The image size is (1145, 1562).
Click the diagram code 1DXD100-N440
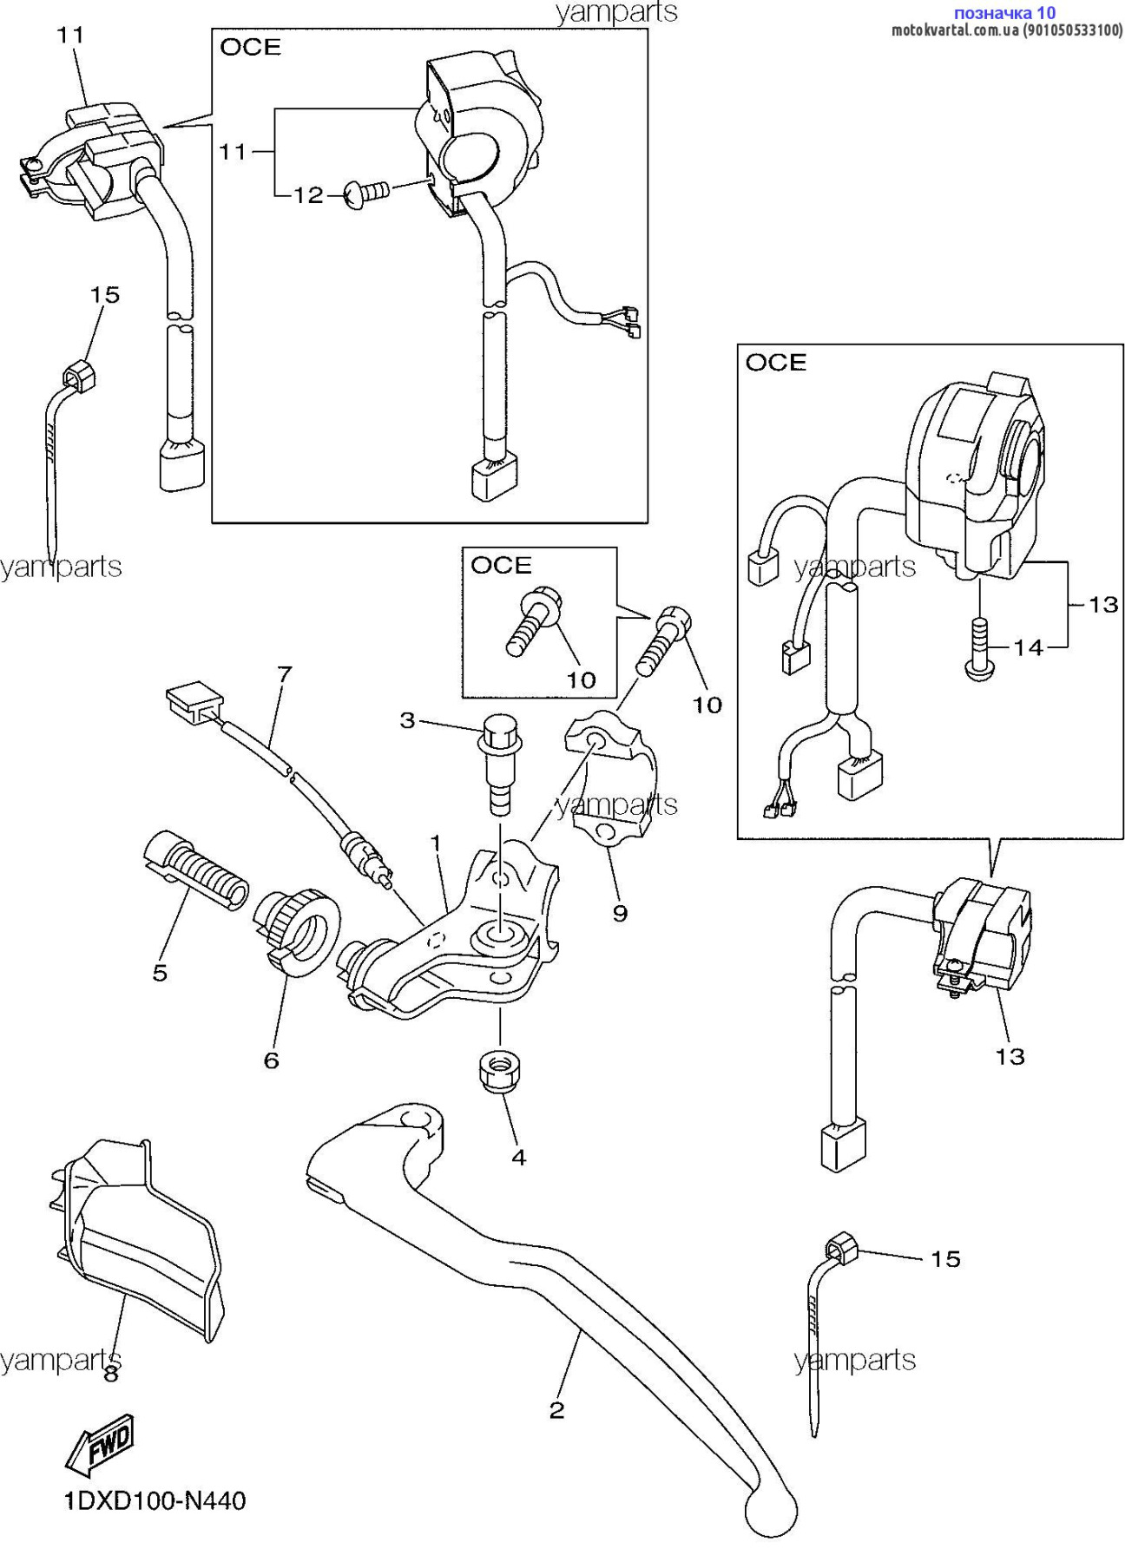tap(155, 1500)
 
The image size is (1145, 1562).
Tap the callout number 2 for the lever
tap(556, 1410)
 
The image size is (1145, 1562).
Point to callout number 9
tap(620, 913)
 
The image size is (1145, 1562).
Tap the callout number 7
tap(285, 673)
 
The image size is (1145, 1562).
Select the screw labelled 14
tap(979, 646)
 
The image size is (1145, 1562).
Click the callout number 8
tap(111, 1374)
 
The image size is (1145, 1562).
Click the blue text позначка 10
tap(1004, 13)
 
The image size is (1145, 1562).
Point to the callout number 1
tap(436, 843)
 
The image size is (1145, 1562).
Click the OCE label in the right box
tap(775, 362)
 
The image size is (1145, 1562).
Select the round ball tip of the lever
tap(771, 1511)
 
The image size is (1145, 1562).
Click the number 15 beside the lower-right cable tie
tap(945, 1258)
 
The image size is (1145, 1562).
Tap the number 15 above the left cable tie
tap(105, 294)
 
